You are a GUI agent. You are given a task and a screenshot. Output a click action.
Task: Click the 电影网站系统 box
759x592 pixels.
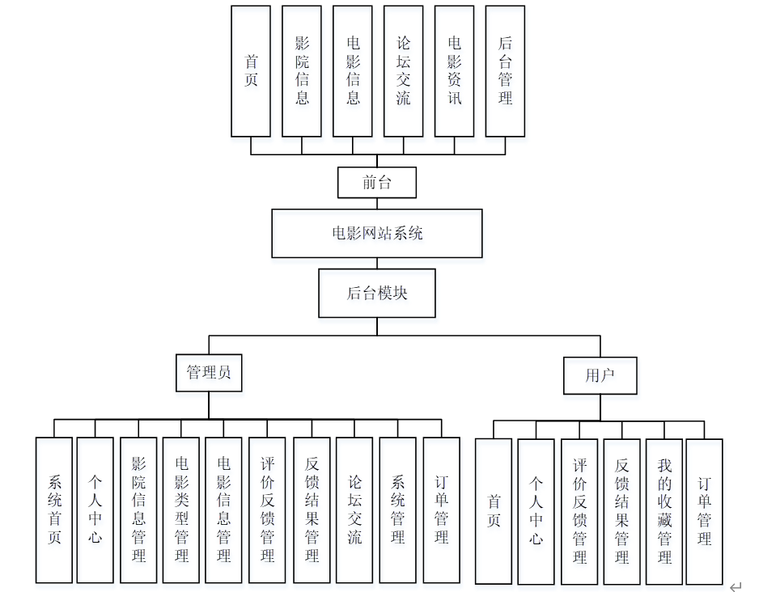coord(376,234)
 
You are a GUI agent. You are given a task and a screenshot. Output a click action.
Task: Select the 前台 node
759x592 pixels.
coord(376,183)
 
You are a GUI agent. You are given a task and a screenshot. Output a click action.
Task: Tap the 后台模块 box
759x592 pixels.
coord(376,293)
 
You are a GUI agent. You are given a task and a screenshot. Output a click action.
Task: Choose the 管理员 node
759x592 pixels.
coord(208,373)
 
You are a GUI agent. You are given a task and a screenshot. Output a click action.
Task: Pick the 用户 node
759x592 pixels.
coord(600,375)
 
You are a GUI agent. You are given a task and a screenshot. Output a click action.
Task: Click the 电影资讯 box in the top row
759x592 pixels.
coord(454,71)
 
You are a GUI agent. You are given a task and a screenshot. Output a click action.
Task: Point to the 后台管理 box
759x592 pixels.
coord(505,71)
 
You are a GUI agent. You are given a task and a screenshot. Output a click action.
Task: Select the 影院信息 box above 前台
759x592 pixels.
coord(302,71)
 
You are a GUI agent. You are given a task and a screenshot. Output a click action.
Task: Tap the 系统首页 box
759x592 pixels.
coord(54,510)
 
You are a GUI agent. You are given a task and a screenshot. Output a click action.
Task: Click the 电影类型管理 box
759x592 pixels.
coord(181,510)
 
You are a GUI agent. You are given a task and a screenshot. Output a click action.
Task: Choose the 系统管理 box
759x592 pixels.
coord(397,510)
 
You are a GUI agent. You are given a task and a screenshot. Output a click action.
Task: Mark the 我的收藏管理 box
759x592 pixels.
coord(664,511)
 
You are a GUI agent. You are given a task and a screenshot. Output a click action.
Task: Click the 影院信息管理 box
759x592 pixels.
coord(138,510)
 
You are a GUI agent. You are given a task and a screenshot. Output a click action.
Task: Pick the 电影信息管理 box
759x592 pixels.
coord(224,510)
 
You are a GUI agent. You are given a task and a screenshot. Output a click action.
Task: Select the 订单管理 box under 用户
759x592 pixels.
coord(704,511)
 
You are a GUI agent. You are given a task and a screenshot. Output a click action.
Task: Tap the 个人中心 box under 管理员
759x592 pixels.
coord(95,510)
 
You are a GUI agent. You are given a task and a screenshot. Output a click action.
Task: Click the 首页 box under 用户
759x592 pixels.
coord(494,511)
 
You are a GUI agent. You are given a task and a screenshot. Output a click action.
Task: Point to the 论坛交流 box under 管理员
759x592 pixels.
coord(354,510)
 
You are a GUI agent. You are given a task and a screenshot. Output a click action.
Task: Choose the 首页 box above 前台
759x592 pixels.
coord(251,71)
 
